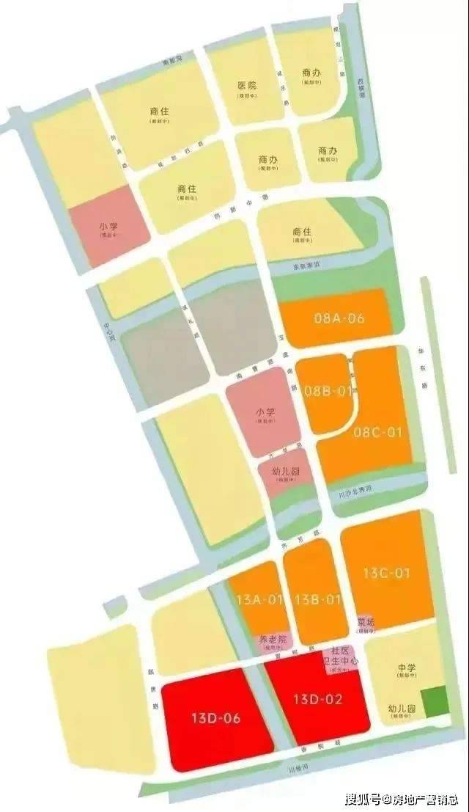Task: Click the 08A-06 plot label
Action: click(x=339, y=319)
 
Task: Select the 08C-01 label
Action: click(x=378, y=432)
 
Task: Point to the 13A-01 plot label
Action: click(x=259, y=600)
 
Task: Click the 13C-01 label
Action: click(x=387, y=574)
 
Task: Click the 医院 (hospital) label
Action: click(x=248, y=86)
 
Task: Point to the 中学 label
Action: click(x=407, y=668)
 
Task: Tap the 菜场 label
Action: click(x=366, y=622)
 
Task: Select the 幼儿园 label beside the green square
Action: click(x=402, y=710)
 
